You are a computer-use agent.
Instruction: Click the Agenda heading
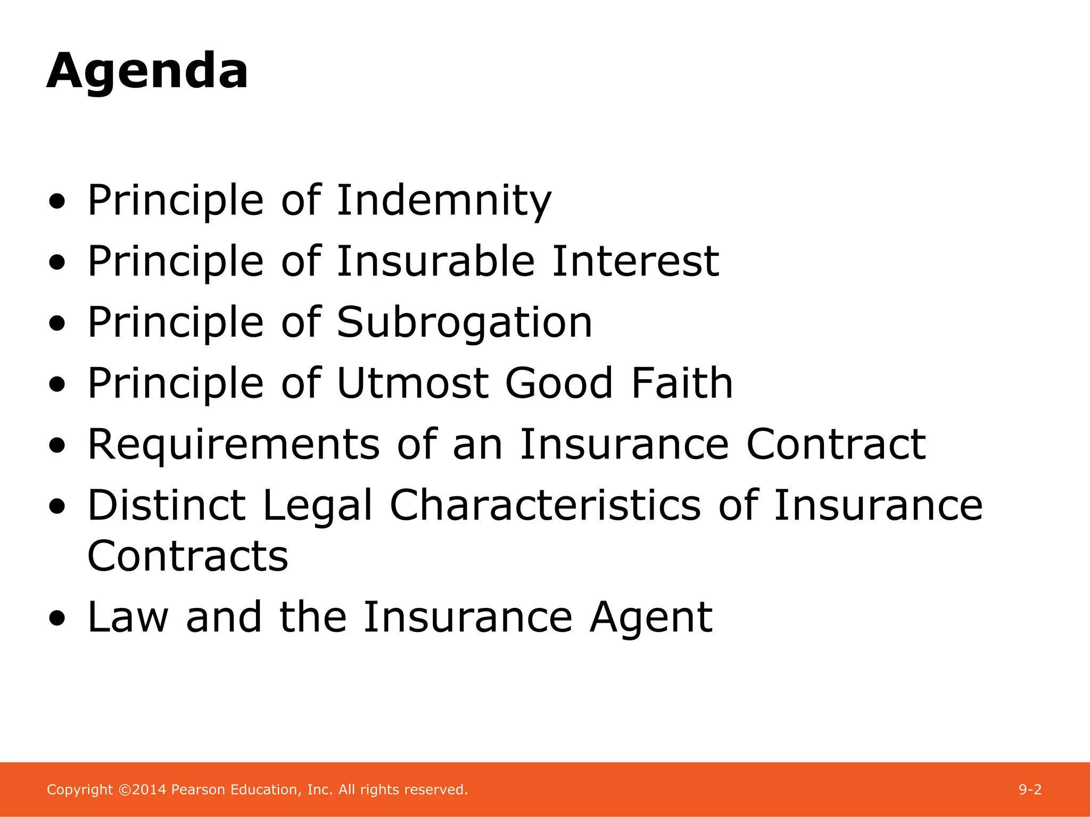tap(147, 72)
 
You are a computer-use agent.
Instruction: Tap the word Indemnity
tap(444, 201)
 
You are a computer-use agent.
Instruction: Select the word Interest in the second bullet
tap(635, 262)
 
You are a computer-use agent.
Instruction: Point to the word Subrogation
tap(464, 323)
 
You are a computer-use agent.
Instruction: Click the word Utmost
tap(412, 384)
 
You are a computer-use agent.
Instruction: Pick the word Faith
tap(682, 384)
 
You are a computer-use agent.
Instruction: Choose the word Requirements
tap(234, 445)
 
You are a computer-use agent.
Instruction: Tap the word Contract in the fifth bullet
tap(836, 445)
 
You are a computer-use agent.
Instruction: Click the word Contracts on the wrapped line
tap(188, 556)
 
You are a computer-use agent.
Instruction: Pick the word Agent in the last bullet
tap(651, 618)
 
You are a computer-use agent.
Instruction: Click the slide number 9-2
tap(1030, 790)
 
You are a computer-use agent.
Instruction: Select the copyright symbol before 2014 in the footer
tap(125, 790)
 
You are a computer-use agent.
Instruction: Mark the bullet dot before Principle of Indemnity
tap(57, 202)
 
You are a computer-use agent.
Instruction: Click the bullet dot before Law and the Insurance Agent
tap(57, 619)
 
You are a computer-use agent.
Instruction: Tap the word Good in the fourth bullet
tap(559, 384)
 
